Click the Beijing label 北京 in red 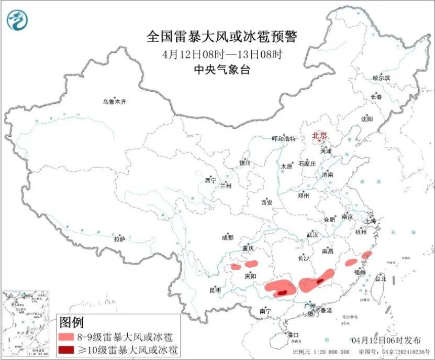coord(319,136)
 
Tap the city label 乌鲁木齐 coord(114,102)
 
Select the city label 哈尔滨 coord(381,78)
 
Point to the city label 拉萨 coord(119,239)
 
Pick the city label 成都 coord(228,237)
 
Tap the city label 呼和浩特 coord(284,139)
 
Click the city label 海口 coord(293,335)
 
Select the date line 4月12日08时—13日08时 coord(222,54)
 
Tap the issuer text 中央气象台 coord(222,69)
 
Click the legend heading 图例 coord(71,322)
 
